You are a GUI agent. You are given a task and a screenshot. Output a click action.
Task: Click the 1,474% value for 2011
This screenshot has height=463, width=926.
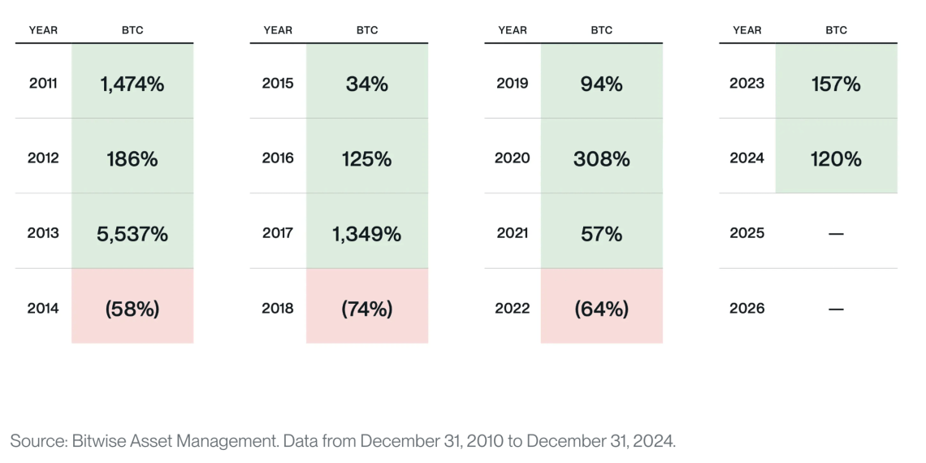tap(132, 84)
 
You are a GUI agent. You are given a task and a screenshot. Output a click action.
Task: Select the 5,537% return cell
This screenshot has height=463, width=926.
tap(132, 234)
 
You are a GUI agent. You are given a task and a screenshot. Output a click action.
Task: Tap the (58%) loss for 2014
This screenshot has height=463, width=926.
tap(132, 309)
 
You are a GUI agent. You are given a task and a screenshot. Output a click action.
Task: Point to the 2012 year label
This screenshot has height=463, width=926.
tap(43, 158)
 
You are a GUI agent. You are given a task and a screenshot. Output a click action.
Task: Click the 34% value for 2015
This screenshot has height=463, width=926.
tap(366, 84)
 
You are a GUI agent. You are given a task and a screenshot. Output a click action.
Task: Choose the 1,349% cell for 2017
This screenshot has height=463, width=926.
tap(366, 234)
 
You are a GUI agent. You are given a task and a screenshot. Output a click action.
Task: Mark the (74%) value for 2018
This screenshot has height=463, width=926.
tap(366, 309)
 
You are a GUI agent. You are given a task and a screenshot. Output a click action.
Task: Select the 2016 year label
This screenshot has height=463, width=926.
tap(278, 158)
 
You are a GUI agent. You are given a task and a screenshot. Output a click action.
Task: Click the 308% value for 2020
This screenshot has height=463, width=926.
tap(601, 158)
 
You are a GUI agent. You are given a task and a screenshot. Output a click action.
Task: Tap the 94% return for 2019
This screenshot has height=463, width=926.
tap(601, 84)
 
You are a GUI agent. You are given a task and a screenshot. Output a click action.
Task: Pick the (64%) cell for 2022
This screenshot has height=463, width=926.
tap(601, 309)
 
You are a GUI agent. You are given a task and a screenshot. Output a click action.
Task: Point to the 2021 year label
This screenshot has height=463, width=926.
tap(513, 233)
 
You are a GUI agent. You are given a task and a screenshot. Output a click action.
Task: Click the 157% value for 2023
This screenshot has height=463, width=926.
tap(836, 84)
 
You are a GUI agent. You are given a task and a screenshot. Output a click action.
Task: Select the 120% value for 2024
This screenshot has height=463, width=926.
tap(836, 158)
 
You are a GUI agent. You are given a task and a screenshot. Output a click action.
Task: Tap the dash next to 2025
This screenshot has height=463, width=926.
tap(836, 234)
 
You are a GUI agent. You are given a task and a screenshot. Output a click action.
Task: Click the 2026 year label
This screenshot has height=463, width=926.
tap(747, 309)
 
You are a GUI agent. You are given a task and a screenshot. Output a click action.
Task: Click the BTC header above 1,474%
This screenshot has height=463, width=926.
tap(132, 30)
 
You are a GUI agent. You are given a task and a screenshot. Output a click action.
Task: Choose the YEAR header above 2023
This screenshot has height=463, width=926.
tap(747, 30)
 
